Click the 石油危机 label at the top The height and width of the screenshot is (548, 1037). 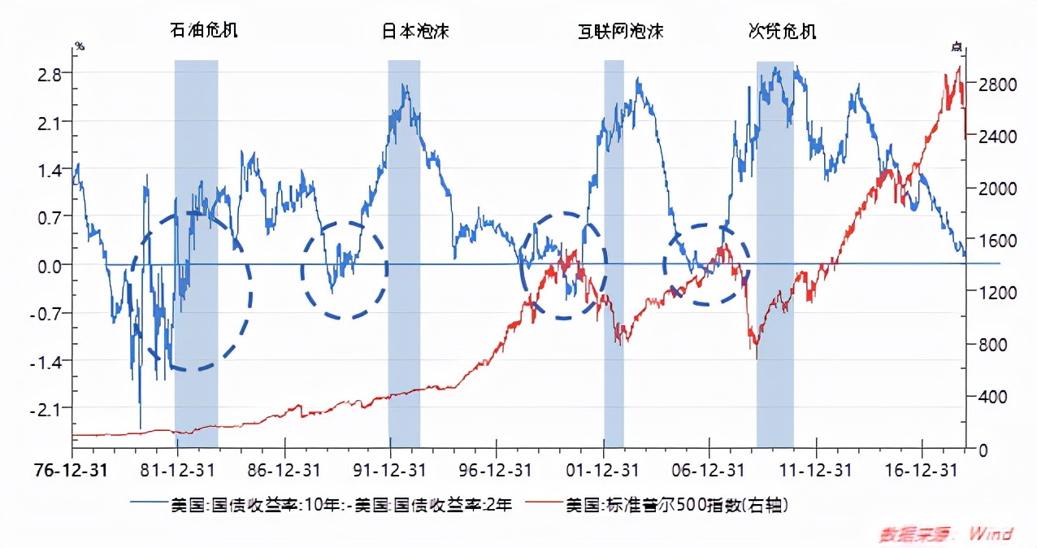point(204,31)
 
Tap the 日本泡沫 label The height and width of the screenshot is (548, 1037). point(415,31)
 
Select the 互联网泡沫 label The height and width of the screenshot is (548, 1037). point(621,31)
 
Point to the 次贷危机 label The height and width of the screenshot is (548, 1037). point(782,31)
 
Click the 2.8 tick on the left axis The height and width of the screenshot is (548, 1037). point(50,74)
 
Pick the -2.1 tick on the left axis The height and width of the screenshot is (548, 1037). point(47,409)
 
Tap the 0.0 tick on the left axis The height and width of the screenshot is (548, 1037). point(50,265)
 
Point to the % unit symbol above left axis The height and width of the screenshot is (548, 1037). point(79,46)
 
